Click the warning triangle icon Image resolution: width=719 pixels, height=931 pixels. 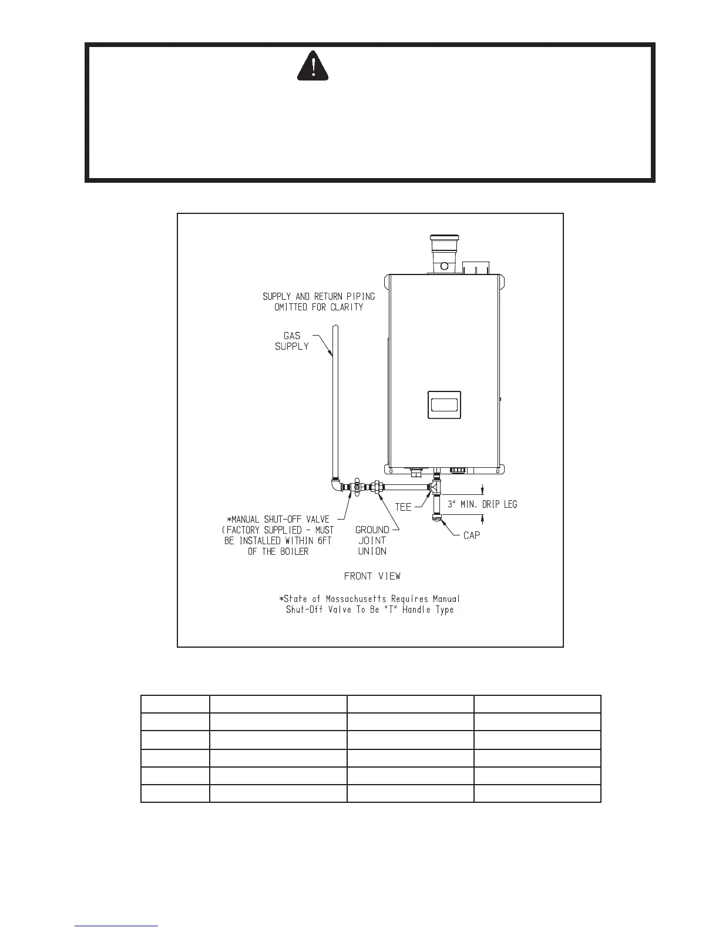(x=313, y=65)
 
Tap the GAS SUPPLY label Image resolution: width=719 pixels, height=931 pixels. (x=292, y=341)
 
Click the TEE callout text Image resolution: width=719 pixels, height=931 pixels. (x=403, y=507)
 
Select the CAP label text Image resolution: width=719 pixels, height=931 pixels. (x=472, y=535)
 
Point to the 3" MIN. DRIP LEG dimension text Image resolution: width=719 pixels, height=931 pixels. (x=482, y=504)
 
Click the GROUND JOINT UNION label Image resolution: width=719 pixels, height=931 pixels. (x=372, y=540)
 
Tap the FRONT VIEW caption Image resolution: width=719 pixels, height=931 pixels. (x=372, y=576)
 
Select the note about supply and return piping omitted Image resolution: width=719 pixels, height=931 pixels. (x=319, y=302)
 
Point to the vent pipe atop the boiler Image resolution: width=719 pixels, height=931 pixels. (x=445, y=256)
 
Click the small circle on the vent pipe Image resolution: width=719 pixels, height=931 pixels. (x=445, y=266)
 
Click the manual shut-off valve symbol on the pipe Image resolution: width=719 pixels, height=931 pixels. (x=355, y=487)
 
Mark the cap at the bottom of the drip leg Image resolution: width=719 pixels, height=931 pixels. (x=436, y=517)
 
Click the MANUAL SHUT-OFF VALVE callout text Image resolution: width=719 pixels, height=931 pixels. (x=279, y=535)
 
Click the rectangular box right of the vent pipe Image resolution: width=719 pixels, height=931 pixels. (x=475, y=268)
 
